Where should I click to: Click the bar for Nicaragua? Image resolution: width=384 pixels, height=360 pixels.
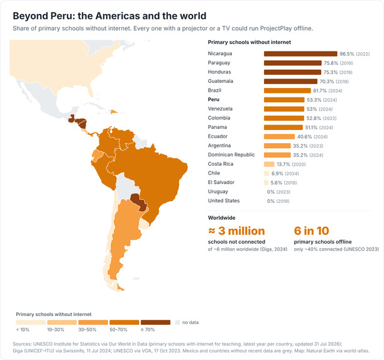coord(300,54)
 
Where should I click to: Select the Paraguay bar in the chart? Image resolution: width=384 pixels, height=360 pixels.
coord(293,63)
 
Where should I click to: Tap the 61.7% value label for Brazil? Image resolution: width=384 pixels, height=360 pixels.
coord(320,90)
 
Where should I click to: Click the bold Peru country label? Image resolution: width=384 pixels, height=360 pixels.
coord(214,99)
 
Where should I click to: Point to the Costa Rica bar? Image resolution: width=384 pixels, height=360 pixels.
coord(269,165)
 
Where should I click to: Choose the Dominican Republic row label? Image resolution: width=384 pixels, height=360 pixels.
coord(231,155)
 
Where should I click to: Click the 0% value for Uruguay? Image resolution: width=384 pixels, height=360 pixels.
coord(271,192)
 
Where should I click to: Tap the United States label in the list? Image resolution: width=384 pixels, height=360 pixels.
coord(224,201)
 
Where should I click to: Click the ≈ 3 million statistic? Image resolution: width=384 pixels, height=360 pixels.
coord(236,231)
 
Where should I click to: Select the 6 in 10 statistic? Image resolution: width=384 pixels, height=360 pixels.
coord(312,231)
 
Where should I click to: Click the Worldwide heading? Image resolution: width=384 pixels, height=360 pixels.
coord(221,218)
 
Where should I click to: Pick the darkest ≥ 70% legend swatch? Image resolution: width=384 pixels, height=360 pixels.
coord(155,322)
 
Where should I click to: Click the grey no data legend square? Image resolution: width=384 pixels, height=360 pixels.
coord(178,322)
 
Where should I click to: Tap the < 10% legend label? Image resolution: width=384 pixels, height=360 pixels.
coord(23,330)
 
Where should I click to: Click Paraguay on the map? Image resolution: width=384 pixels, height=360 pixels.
coord(139,202)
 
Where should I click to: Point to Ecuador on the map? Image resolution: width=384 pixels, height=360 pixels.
coord(97,155)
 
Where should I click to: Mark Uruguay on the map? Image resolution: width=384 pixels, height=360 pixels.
coord(144,224)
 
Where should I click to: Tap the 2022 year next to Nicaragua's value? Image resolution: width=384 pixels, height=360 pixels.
coord(363,54)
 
